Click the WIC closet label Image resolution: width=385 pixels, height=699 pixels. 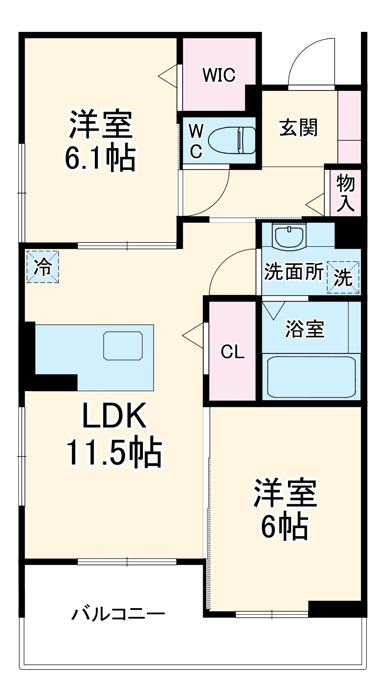pos(219,75)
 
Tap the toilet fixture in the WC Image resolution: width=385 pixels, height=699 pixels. pos(232,140)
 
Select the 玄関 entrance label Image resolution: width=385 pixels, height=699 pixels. pos(298,128)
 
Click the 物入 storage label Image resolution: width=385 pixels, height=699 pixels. pos(345,193)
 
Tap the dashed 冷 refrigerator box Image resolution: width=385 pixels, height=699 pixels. pos(42,266)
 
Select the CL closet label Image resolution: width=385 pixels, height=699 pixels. pos(232,351)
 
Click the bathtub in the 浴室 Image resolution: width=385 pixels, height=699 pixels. pos(311,377)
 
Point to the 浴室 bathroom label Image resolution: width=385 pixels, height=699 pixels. pos(305,329)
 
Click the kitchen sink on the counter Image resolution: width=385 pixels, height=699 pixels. pos(123,346)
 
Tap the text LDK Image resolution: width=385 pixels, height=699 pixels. pos(114,416)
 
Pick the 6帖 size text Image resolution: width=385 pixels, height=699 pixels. pos(284,526)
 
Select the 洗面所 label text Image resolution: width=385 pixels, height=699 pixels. pos(294,272)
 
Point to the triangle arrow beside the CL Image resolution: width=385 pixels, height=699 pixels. pos(192,336)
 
